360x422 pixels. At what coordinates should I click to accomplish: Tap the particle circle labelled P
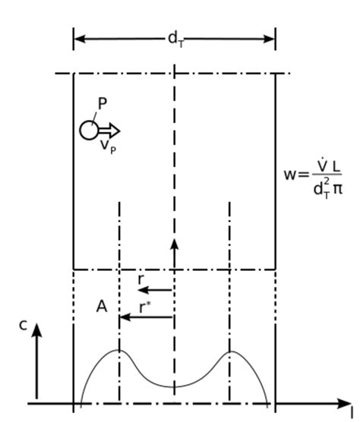(x=89, y=131)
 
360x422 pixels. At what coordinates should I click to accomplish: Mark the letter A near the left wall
(x=102, y=307)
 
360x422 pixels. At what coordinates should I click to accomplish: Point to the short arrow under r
(x=156, y=290)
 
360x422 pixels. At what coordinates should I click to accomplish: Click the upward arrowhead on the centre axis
(x=175, y=244)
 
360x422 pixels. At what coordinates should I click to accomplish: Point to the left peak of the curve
(x=119, y=351)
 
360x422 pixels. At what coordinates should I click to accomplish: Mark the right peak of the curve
(x=229, y=351)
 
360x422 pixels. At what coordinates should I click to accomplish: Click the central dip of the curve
(x=175, y=386)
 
